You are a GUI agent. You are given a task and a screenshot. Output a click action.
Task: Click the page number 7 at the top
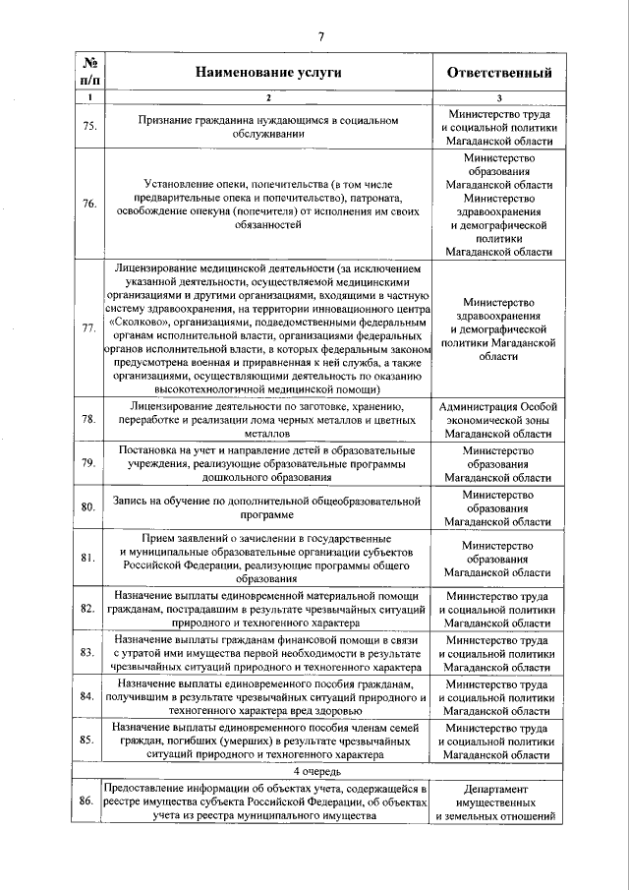(320, 37)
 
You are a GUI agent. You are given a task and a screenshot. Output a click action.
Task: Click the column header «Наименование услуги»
(267, 73)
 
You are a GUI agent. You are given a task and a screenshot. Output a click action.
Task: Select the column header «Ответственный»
(498, 73)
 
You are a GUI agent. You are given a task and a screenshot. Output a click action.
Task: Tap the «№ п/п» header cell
(87, 72)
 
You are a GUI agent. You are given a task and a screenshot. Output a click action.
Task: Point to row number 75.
(87, 128)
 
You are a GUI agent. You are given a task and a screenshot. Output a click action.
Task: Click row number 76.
(87, 204)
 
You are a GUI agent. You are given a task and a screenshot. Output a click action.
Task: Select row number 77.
(87, 327)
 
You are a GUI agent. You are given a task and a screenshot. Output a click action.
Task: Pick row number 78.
(87, 419)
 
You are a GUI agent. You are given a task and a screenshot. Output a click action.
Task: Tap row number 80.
(87, 506)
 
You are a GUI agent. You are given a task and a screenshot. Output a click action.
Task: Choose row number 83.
(87, 652)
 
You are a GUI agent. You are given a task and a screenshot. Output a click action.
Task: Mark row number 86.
(87, 801)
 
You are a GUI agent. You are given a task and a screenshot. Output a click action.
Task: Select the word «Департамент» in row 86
(498, 789)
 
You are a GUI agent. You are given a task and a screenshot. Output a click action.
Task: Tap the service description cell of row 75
(267, 128)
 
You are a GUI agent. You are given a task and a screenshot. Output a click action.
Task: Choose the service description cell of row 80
(267, 506)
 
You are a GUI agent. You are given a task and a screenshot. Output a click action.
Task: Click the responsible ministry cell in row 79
(498, 463)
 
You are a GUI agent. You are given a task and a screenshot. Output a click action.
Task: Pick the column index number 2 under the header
(267, 97)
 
